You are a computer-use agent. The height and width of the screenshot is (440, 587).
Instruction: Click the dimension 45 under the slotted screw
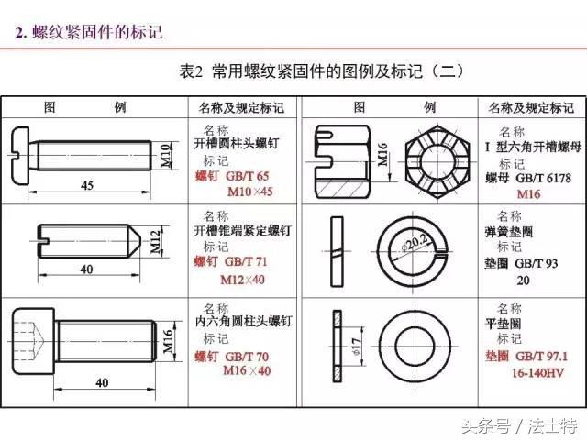tap(87, 185)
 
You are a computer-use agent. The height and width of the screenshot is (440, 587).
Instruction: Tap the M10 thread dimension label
tap(165, 156)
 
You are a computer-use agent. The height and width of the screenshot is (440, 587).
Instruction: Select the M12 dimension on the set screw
tap(156, 241)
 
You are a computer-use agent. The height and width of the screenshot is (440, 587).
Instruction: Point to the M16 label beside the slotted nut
tap(382, 155)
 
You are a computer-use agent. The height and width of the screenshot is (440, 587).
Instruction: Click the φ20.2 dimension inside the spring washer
tap(415, 242)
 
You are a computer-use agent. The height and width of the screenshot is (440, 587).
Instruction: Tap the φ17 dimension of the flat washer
tap(356, 346)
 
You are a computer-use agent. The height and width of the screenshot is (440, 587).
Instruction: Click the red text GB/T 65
tap(248, 176)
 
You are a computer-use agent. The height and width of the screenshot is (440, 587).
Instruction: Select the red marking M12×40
tap(242, 280)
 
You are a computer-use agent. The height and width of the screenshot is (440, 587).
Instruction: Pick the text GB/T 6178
tap(544, 178)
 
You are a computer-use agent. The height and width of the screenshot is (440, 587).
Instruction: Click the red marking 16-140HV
tap(537, 373)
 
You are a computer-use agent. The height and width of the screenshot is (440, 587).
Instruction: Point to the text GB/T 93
tap(536, 263)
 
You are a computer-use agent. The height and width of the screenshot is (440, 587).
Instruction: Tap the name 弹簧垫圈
tap(508, 232)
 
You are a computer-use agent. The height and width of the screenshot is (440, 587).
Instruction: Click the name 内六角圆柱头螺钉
tap(243, 322)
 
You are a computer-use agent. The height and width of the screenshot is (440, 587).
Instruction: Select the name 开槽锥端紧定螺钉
tap(242, 230)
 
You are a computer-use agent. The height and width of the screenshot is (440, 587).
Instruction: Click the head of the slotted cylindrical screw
tap(20, 156)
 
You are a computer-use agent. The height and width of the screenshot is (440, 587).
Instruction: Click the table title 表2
tap(191, 71)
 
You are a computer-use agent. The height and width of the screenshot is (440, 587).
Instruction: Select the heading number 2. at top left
tap(21, 33)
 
